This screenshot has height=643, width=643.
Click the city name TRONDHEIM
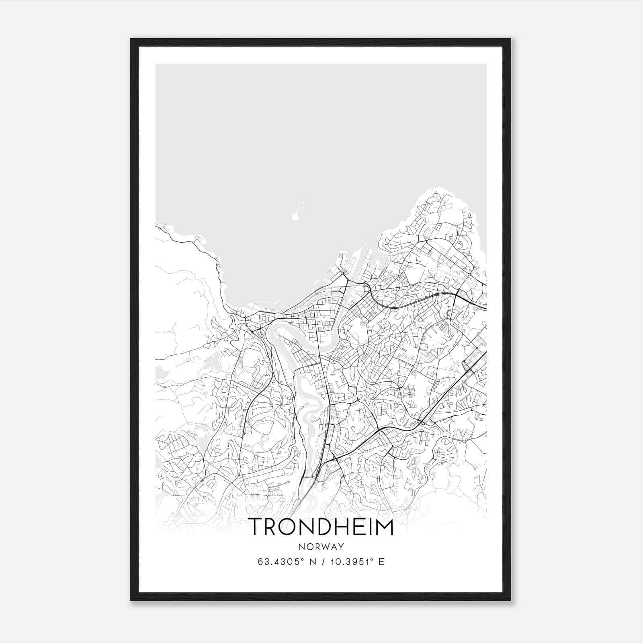pos(321,527)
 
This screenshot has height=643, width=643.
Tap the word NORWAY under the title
pos(321,547)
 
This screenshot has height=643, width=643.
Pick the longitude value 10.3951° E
pos(356,562)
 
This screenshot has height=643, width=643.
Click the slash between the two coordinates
pos(323,562)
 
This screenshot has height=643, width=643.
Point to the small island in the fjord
pos(297,212)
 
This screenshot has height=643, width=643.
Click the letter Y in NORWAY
pos(341,547)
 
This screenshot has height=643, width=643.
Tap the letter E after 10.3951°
pos(381,562)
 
